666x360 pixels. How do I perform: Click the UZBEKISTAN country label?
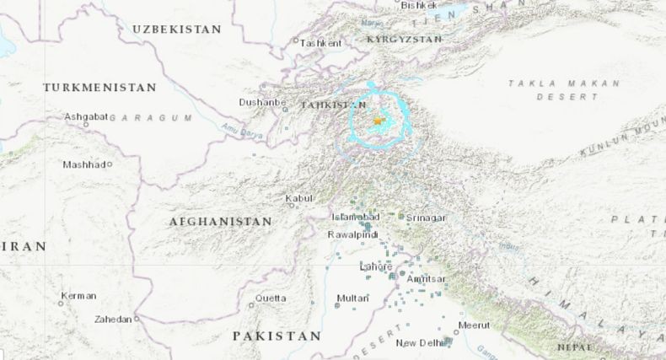click(x=176, y=30)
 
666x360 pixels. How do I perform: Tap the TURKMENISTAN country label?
click(x=99, y=88)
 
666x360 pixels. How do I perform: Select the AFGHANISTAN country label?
click(x=220, y=222)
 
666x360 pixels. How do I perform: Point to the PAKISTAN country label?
click(x=277, y=336)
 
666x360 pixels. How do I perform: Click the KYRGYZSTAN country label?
click(x=405, y=40)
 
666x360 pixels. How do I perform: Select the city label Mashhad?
click(x=83, y=164)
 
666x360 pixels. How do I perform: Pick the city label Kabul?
click(x=299, y=198)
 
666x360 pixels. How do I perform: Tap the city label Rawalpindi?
click(x=352, y=234)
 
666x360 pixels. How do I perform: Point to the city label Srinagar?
click(x=426, y=218)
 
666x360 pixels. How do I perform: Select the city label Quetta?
click(x=271, y=298)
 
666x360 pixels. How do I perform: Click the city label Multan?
click(x=352, y=298)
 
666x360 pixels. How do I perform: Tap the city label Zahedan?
click(x=114, y=320)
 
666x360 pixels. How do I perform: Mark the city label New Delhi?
click(x=419, y=343)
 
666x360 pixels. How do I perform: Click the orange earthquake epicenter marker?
click(x=377, y=122)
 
